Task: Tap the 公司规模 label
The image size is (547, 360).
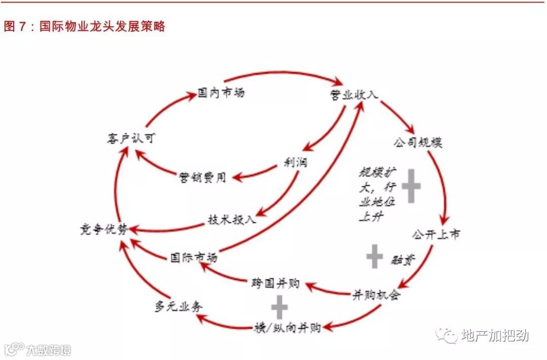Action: click(418, 142)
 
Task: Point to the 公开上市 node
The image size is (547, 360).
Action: click(436, 234)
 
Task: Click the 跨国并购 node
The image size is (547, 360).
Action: click(276, 283)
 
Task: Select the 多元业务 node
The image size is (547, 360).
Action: click(178, 307)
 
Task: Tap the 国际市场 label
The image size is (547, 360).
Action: click(194, 257)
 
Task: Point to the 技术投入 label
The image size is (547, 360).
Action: click(232, 220)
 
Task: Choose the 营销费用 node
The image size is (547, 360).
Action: click(202, 177)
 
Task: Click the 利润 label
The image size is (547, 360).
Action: click(295, 163)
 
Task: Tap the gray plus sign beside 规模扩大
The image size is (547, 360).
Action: click(411, 186)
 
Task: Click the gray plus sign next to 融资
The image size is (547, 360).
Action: click(374, 257)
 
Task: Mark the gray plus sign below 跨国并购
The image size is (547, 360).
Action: click(279, 307)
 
